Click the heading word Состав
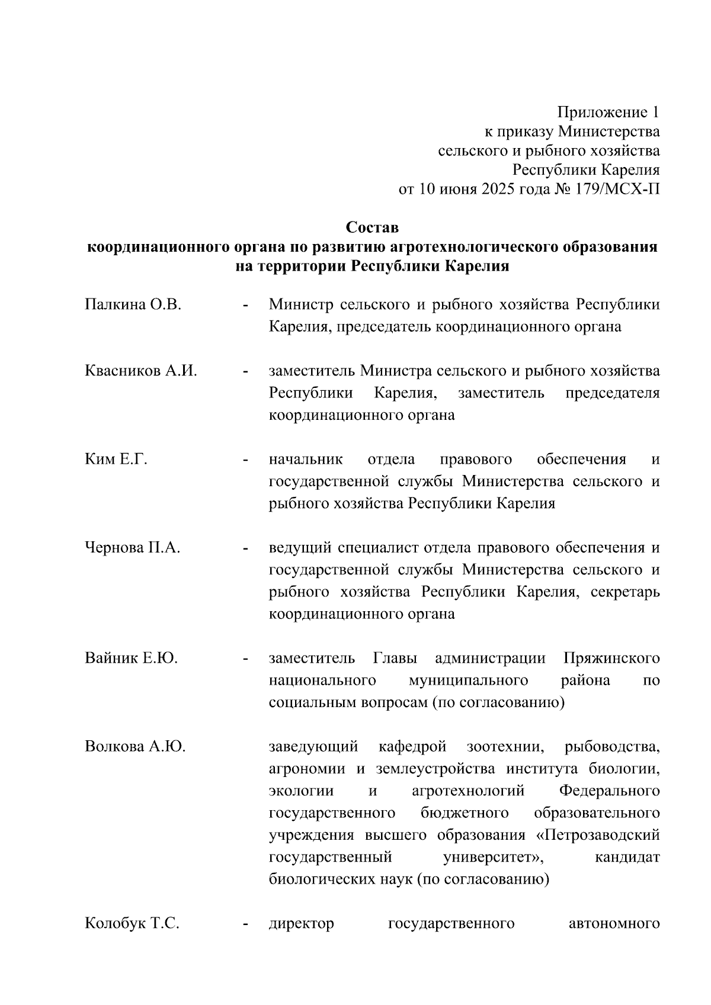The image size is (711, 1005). coord(372,227)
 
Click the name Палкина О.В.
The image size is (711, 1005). coord(133,305)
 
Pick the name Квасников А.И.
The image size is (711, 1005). coord(141,371)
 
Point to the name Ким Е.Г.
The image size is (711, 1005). coord(116,460)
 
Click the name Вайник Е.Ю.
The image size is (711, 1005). coord(132,658)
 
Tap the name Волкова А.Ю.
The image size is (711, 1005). coord(135,747)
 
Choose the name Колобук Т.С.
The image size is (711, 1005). coord(132,923)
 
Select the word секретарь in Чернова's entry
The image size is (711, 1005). coord(625,592)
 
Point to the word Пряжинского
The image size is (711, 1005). coord(611,658)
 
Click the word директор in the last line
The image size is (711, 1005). coord(301,923)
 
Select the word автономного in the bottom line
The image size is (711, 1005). coord(614,923)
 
